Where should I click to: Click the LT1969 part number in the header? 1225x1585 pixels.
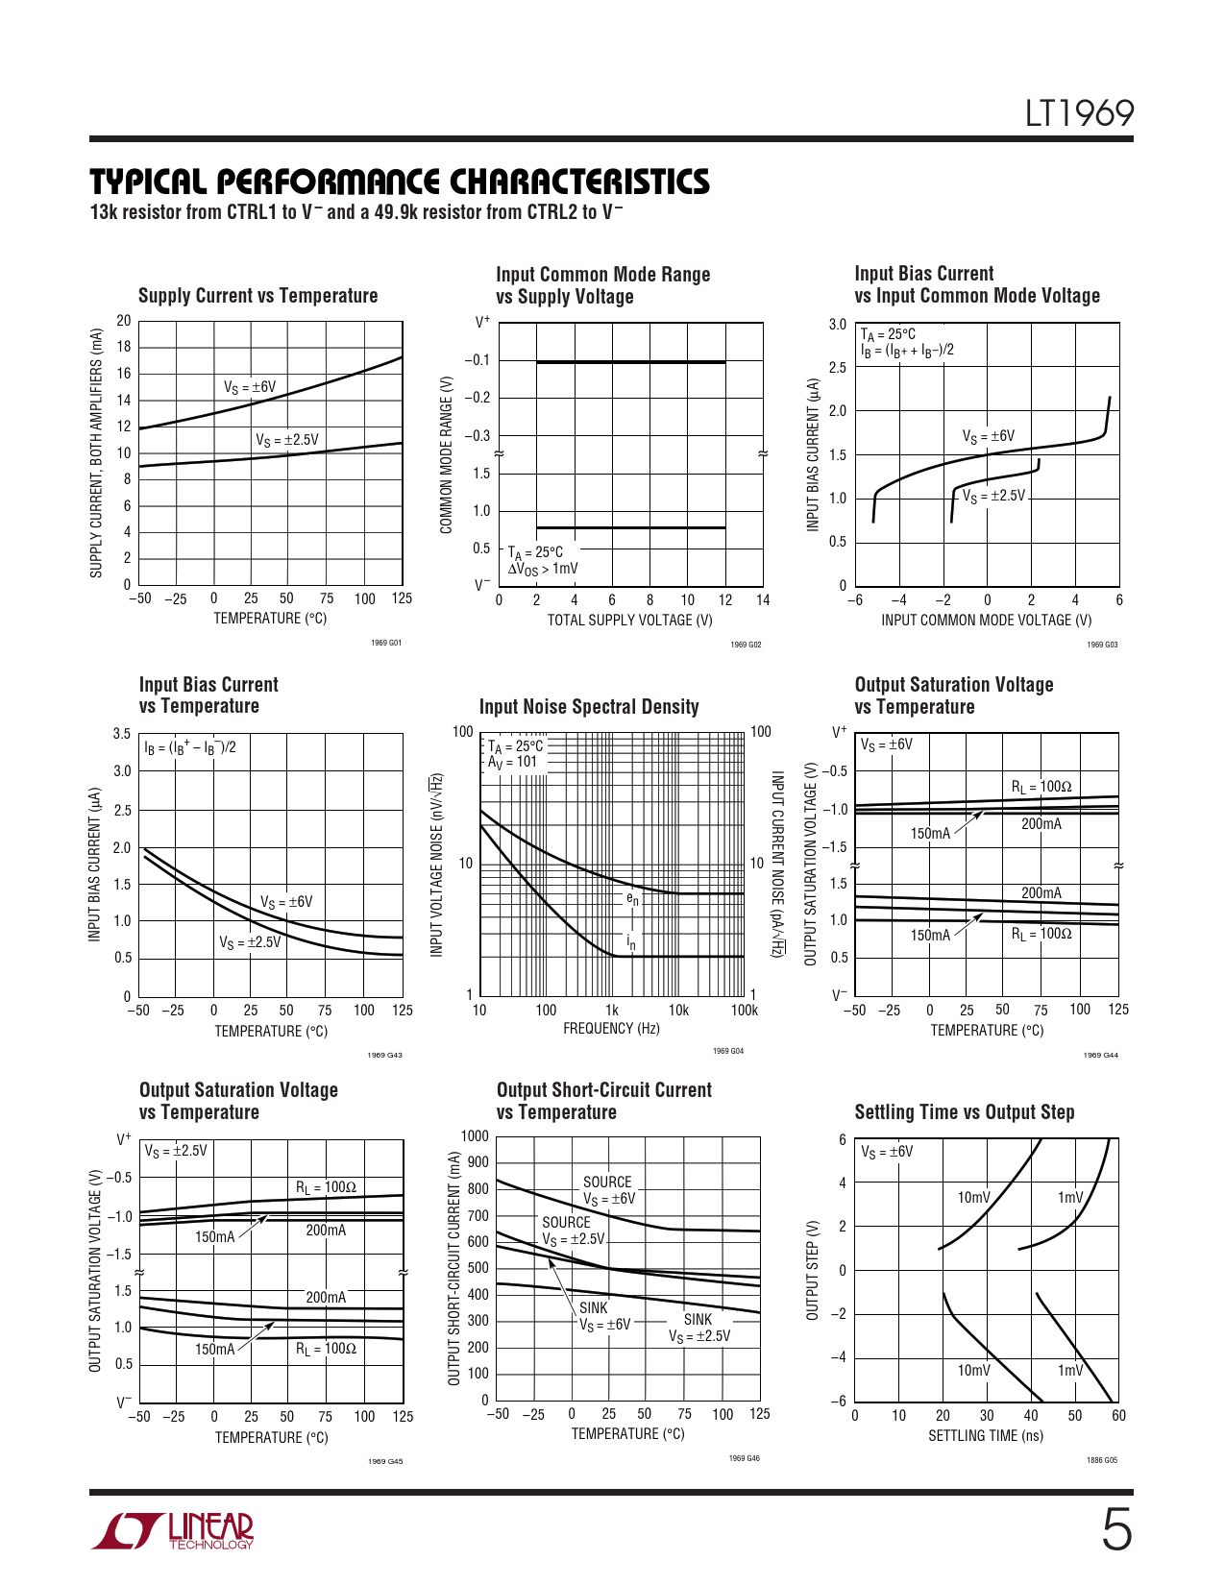point(1079,113)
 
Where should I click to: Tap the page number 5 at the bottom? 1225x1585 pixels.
point(1115,1530)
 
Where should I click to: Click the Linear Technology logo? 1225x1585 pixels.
point(173,1530)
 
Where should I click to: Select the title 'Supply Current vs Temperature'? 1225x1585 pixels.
point(257,296)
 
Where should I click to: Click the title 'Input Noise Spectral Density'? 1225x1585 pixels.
point(589,707)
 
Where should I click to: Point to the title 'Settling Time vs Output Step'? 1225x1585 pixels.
point(965,1112)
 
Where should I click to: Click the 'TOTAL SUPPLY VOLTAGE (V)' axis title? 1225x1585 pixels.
point(629,621)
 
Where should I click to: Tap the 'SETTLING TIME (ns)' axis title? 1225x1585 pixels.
point(985,1436)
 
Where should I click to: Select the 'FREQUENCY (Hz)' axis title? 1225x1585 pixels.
point(611,1029)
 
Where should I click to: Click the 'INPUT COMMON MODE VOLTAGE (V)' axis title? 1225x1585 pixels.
point(986,621)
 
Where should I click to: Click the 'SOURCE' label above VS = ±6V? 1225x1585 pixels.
point(607,1183)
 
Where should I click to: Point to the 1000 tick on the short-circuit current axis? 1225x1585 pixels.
point(475,1136)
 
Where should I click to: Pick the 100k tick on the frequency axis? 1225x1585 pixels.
point(745,1011)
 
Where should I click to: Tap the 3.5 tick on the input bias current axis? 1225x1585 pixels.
point(122,734)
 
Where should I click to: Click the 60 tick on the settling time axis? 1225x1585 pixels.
point(1118,1416)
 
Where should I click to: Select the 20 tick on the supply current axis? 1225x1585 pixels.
point(124,321)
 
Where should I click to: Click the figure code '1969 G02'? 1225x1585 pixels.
point(746,645)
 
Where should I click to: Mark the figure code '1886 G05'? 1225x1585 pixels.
point(1102,1460)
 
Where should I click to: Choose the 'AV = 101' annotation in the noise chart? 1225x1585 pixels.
point(512,762)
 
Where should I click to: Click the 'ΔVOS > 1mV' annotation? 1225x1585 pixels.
point(543,569)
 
